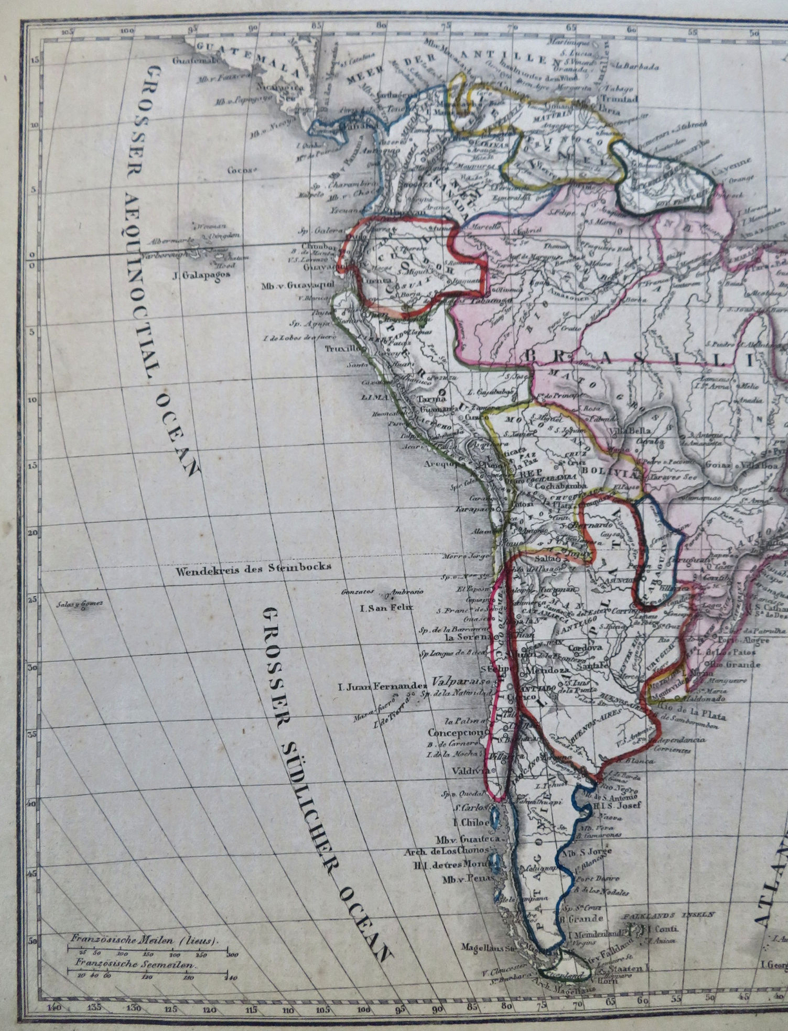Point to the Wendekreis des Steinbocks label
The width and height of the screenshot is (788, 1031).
(253, 567)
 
